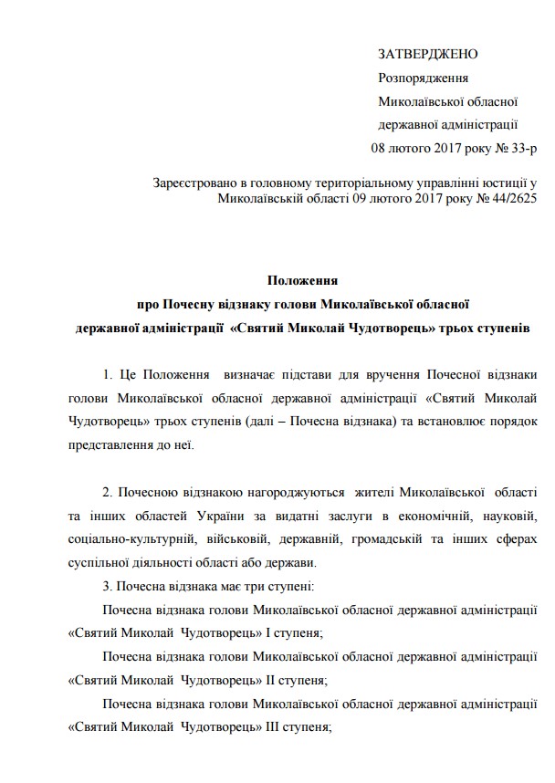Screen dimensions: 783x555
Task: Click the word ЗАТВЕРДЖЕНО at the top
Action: pyautogui.click(x=427, y=56)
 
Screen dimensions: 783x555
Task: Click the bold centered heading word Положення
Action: pyautogui.click(x=302, y=281)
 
